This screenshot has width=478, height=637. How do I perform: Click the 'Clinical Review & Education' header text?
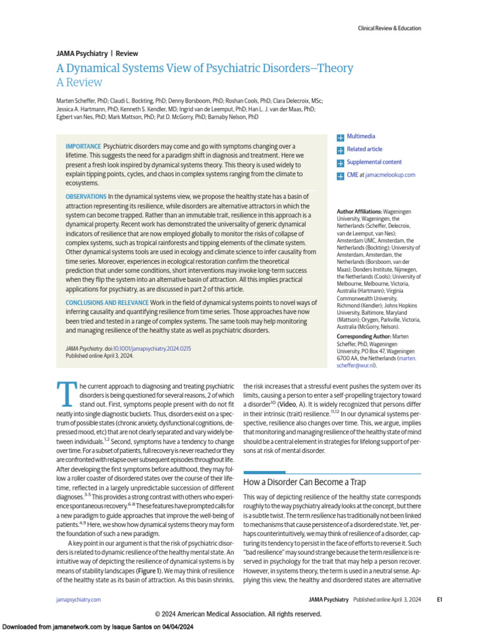point(389,28)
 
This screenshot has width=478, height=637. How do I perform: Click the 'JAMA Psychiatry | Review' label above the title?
point(97,53)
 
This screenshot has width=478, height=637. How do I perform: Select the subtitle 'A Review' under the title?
point(79,82)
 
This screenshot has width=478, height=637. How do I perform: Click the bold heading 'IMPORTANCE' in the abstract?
point(83,146)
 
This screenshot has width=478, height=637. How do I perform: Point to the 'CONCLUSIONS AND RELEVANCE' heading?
point(106,302)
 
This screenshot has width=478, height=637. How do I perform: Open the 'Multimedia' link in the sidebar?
point(360,136)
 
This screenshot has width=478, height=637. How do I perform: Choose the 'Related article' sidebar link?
point(364,149)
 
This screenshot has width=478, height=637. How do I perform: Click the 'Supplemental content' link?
point(373,162)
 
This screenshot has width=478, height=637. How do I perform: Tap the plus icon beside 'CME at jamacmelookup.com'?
point(340,176)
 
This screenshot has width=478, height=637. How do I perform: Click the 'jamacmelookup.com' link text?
point(390,175)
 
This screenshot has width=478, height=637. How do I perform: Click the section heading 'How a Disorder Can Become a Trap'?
point(304,482)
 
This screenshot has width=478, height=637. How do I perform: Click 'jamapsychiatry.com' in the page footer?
point(78,600)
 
